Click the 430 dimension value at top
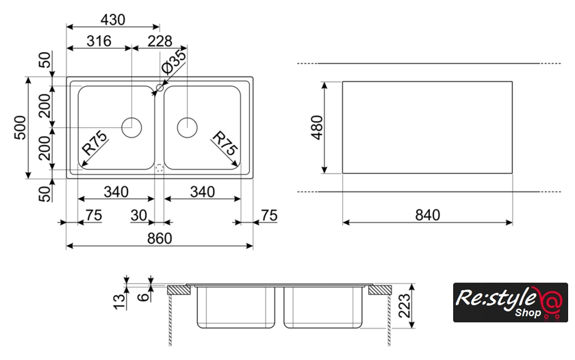coord(112,20)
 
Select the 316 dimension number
coord(99,42)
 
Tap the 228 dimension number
coord(159,42)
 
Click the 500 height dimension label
coord(19,127)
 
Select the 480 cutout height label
coord(316,127)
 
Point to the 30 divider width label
coord(139,216)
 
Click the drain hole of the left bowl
coord(131,127)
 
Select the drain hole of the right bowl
coord(187,127)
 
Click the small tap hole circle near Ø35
coord(159,88)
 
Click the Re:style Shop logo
coord(511,302)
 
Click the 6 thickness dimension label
coord(142,296)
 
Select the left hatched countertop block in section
coord(178,290)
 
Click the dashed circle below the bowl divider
coord(159,166)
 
